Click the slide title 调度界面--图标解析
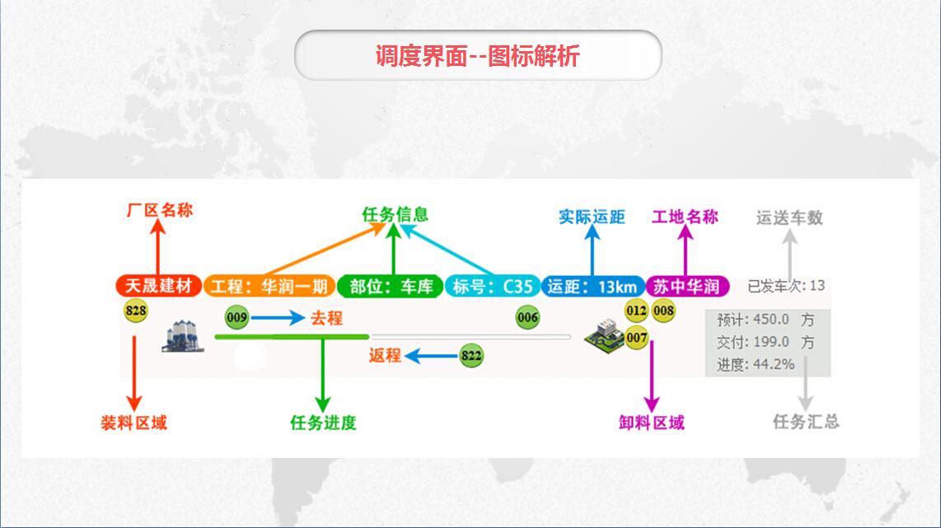(478, 56)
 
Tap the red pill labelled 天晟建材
(158, 286)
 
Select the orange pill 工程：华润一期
(269, 286)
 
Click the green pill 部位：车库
(390, 286)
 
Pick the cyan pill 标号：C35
(492, 286)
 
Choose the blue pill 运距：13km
(593, 286)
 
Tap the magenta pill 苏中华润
(687, 286)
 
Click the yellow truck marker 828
(136, 311)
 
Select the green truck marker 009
(236, 317)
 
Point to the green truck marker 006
(527, 317)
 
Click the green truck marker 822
(471, 356)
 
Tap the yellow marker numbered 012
(636, 311)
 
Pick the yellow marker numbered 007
(637, 338)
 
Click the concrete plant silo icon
(183, 336)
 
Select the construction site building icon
(605, 337)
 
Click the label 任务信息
(395, 214)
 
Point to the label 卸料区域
(652, 423)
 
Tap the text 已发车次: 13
(786, 286)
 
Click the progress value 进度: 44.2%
(756, 364)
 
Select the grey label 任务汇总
(806, 422)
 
